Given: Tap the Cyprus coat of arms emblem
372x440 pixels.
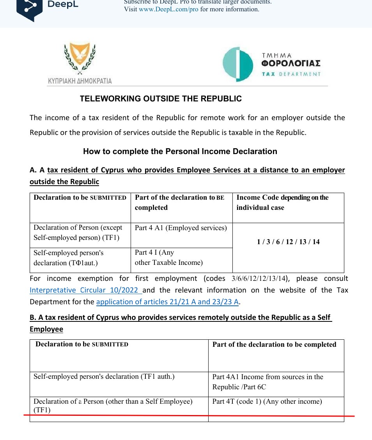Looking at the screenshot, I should tap(80, 59).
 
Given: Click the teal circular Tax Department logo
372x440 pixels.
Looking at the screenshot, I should tap(237, 64).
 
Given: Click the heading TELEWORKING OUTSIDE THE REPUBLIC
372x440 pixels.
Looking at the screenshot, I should tap(161, 99).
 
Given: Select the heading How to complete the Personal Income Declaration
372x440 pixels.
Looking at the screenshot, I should tap(180, 151).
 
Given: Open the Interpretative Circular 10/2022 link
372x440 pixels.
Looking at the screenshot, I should tap(85, 290).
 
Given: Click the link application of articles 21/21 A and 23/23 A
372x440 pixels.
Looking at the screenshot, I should tap(167, 302).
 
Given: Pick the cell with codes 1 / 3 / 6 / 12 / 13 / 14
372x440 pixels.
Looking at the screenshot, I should tap(288, 242).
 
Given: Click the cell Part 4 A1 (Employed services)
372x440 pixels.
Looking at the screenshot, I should tap(181, 228).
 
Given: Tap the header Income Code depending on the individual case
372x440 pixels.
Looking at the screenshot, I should tap(282, 202).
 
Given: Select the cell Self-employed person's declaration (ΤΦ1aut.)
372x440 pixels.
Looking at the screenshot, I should tap(69, 258).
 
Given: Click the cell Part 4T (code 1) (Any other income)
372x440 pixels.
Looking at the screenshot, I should tap(267, 401).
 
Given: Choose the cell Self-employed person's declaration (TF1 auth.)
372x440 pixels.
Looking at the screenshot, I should tap(104, 377).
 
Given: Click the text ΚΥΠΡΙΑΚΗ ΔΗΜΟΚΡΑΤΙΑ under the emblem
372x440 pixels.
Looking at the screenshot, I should tap(80, 81).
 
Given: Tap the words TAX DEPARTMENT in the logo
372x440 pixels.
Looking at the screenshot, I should tap(291, 74).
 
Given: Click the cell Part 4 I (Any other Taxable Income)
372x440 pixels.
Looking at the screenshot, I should tap(169, 258).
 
